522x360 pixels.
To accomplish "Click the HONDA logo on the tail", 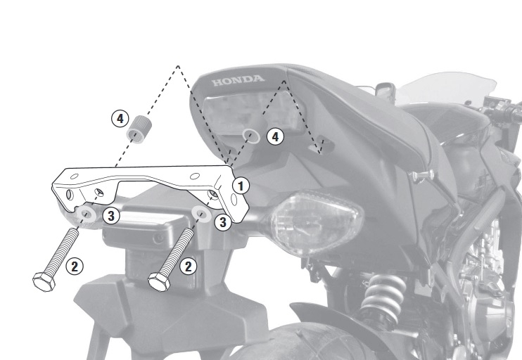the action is [x=238, y=80].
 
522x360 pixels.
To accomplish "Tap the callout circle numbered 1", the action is [x=241, y=186].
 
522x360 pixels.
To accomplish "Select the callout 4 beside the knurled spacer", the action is [x=120, y=119].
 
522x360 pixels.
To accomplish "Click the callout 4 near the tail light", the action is [x=275, y=136].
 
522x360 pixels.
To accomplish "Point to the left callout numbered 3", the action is [x=111, y=216].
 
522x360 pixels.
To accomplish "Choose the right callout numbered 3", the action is [x=223, y=222].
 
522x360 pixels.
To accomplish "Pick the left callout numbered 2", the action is [x=75, y=266].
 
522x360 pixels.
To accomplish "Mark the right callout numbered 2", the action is [x=189, y=266].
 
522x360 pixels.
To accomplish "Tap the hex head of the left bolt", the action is [x=44, y=282].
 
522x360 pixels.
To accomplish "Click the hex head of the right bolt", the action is [x=159, y=282].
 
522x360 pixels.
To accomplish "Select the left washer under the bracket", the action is [x=87, y=214].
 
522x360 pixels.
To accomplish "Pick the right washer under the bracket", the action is [x=202, y=214].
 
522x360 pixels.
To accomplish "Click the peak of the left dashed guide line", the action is [x=178, y=66].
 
